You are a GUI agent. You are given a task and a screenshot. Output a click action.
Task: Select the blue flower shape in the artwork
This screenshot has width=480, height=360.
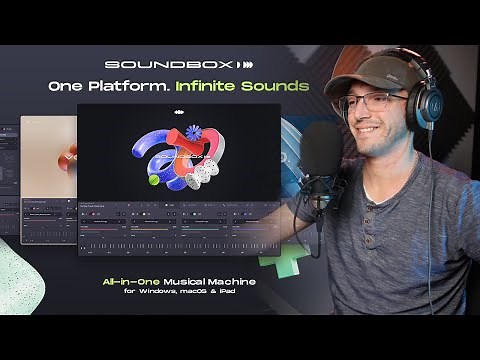pos(194,133)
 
